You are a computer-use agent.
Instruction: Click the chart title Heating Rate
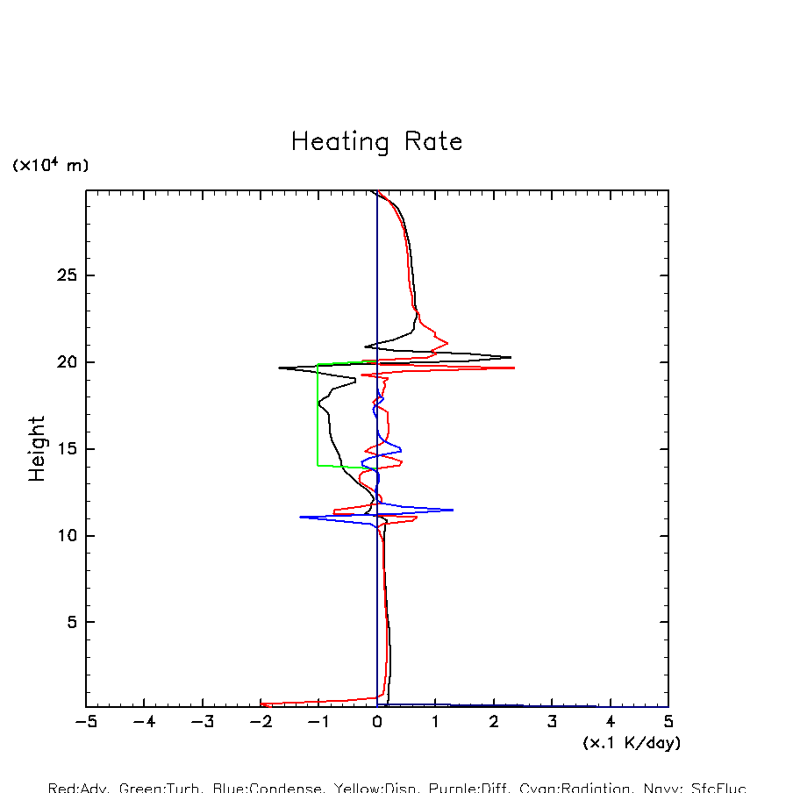click(x=376, y=142)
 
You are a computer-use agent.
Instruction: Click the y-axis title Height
click(x=37, y=449)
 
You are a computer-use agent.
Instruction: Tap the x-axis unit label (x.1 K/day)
click(x=632, y=743)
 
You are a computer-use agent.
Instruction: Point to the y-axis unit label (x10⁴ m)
click(x=50, y=165)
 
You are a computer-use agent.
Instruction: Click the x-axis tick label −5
click(x=86, y=723)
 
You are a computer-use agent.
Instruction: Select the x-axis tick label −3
click(x=203, y=723)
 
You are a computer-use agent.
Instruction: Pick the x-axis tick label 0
click(x=377, y=723)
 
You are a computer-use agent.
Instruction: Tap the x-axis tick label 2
click(x=494, y=723)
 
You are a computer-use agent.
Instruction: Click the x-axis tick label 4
click(x=611, y=723)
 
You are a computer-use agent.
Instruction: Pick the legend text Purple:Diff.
click(x=464, y=788)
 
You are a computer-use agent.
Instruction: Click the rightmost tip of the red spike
click(x=514, y=368)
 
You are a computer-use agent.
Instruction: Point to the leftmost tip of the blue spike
click(x=301, y=517)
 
